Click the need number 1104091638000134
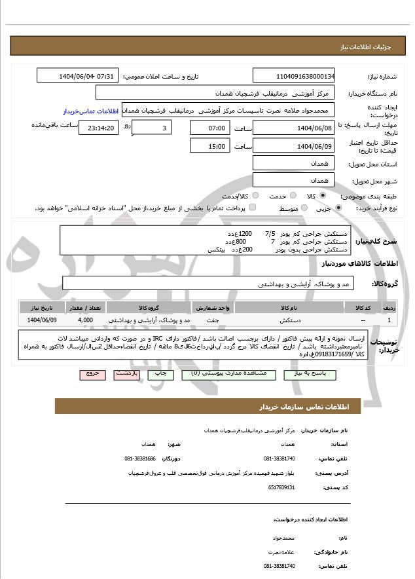tap(293, 76)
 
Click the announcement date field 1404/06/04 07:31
tap(77, 76)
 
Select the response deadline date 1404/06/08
tap(293, 128)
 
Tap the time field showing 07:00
tap(209, 128)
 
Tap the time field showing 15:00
tap(209, 146)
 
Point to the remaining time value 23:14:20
tap(99, 128)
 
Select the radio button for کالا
tap(323, 196)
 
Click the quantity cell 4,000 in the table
tap(85, 320)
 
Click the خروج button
tap(92, 373)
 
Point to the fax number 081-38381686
tap(141, 458)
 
